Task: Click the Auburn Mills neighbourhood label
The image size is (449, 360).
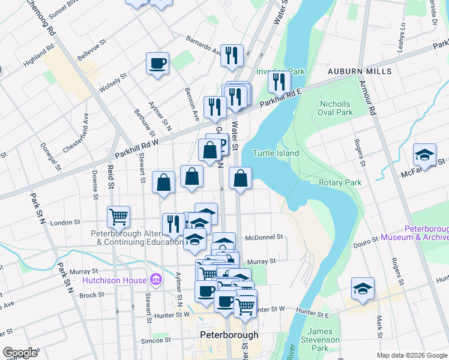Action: click(x=360, y=71)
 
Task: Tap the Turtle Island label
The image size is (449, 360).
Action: click(x=276, y=153)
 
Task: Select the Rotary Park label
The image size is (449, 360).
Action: click(x=340, y=182)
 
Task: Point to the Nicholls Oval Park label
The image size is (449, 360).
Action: click(x=336, y=108)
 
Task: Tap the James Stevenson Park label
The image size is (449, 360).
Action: click(x=325, y=340)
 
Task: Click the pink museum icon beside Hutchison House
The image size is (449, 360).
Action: click(x=156, y=280)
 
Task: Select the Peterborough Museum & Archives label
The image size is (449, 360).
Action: click(x=427, y=233)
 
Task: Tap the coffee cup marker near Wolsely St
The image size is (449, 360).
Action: click(x=158, y=64)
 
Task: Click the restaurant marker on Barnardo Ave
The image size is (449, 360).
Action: click(x=232, y=56)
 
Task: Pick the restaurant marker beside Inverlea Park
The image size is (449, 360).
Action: click(x=279, y=81)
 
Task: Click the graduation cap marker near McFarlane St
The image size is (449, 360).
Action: click(x=424, y=155)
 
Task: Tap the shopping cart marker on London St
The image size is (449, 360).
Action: click(x=118, y=217)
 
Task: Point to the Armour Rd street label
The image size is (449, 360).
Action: click(x=372, y=99)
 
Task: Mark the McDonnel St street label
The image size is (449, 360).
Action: click(x=264, y=237)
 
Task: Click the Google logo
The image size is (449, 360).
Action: click(x=20, y=353)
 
